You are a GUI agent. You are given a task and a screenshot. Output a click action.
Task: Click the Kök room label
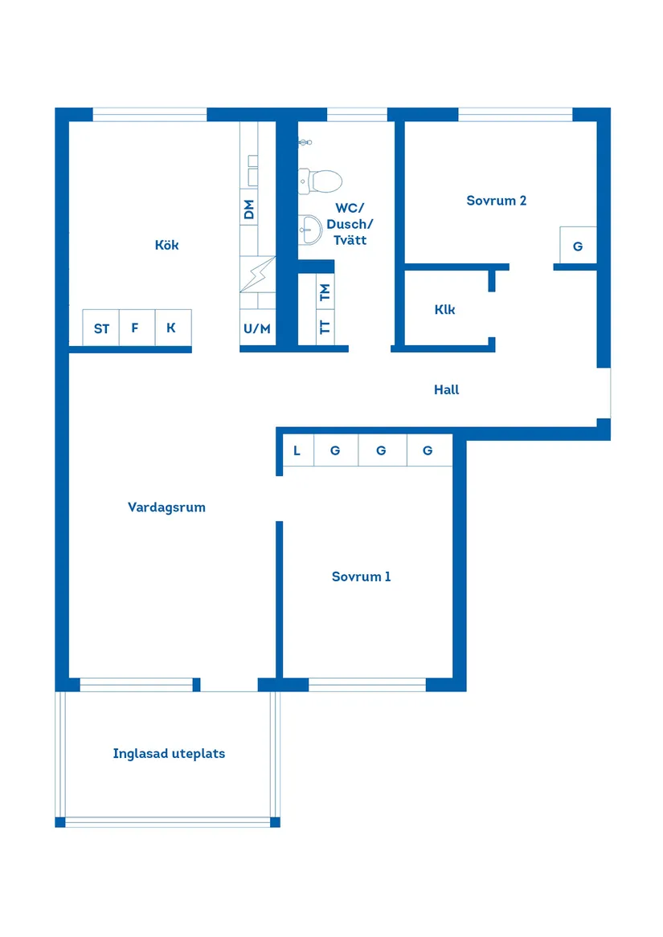pos(167,245)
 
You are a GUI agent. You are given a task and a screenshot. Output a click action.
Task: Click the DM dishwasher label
pos(249,210)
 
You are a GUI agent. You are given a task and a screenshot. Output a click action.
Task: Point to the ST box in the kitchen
pos(101,328)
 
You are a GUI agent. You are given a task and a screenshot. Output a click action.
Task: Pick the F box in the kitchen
pos(135,328)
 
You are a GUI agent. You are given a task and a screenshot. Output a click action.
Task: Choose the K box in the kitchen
pos(171,328)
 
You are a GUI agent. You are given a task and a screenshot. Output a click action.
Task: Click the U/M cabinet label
pos(257,328)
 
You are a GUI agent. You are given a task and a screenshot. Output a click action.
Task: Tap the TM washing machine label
pos(325,292)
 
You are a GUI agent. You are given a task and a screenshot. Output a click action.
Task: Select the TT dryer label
pos(325,327)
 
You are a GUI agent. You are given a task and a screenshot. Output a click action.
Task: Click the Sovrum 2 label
pos(497,201)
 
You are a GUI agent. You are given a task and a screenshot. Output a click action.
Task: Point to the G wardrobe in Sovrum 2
pos(578,246)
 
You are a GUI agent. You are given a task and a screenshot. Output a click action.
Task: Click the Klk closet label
pos(444,309)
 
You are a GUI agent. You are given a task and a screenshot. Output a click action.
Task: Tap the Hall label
pos(447,389)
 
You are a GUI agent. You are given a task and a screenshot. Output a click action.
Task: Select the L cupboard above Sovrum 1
pos(297,450)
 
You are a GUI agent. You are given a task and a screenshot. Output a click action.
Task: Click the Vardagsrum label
pos(166,507)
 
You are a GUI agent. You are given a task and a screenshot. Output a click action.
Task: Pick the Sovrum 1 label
pos(362,576)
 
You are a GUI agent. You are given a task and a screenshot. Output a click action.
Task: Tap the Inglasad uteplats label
pos(169,754)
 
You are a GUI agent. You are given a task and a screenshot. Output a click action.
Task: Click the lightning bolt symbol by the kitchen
pos(258,275)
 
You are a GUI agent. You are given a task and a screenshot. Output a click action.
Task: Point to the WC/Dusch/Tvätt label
pos(350,224)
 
